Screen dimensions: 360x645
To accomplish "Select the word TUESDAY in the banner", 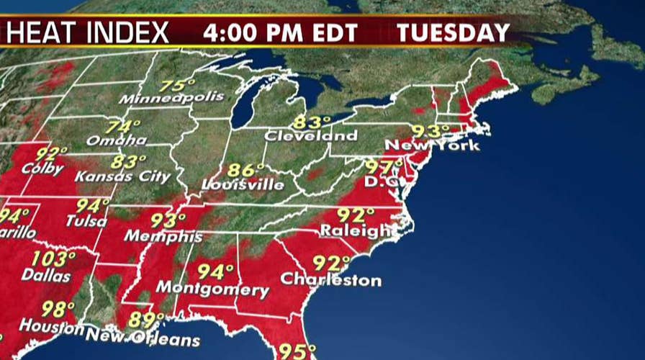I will point(454,32).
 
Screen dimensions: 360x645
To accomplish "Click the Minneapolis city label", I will point(171,96).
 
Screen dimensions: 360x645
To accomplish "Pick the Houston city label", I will point(49,325).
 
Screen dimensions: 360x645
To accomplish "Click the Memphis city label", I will point(163,235).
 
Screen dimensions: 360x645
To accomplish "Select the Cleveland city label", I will point(310,135).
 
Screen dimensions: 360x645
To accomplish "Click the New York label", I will point(432,145).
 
